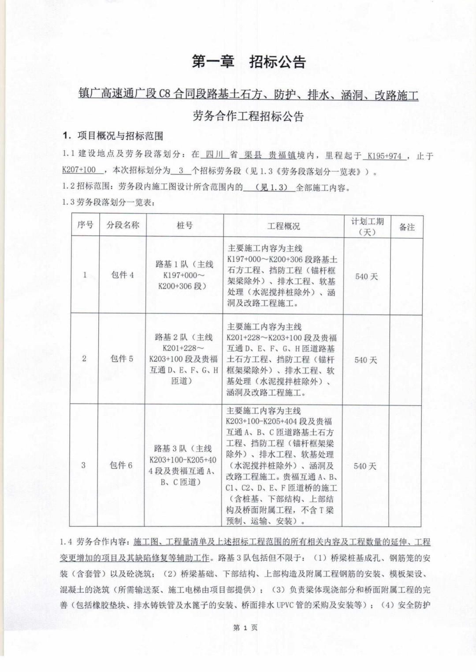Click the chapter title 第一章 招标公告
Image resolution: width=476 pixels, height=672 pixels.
[249, 62]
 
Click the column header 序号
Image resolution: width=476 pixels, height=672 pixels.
[85, 225]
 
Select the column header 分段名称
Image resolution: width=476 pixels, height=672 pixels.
[123, 225]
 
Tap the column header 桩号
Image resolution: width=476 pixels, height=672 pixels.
[184, 226]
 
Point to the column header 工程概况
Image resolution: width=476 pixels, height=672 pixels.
[283, 226]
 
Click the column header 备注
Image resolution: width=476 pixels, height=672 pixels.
[407, 227]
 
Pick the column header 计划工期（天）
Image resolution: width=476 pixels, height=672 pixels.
[367, 226]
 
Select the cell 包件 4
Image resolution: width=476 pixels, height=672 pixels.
[123, 275]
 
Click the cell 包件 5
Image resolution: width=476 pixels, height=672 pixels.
[122, 359]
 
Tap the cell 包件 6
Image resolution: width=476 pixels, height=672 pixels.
[121, 465]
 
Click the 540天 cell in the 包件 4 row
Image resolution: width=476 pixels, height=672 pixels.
[367, 277]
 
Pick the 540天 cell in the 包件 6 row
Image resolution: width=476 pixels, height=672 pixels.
[365, 466]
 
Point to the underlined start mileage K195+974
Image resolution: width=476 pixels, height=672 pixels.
[384, 156]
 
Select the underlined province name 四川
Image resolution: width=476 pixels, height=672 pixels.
[215, 155]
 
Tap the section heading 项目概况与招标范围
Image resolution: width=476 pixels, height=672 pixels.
[120, 135]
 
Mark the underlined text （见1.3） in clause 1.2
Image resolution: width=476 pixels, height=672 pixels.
[269, 187]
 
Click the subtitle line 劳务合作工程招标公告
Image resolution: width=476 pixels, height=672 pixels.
[249, 116]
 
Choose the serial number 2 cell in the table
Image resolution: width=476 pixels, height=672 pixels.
[84, 359]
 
